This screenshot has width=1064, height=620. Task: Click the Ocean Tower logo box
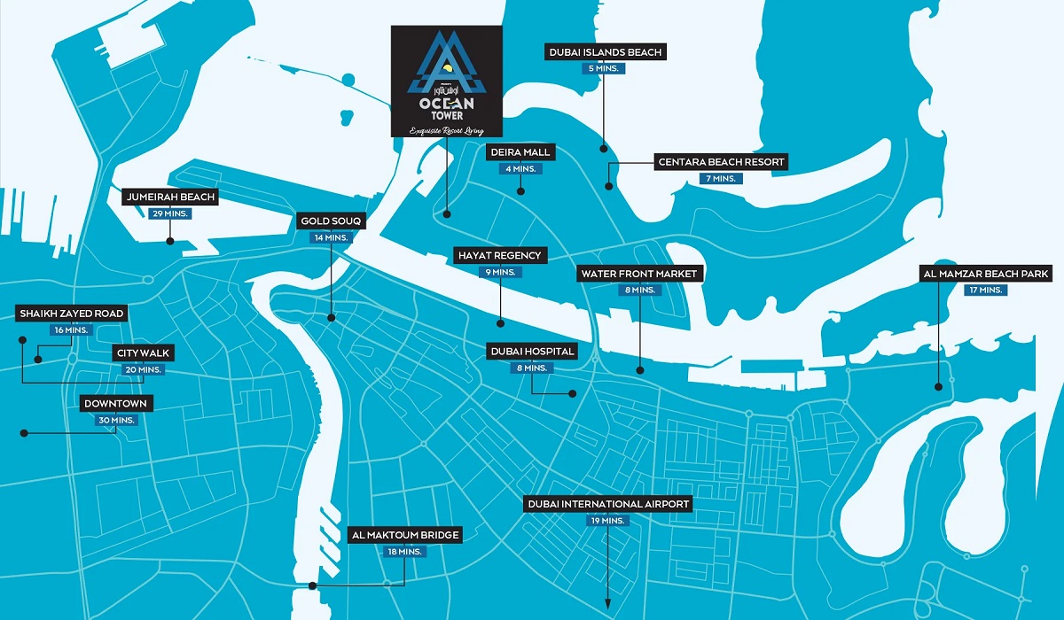click(x=447, y=81)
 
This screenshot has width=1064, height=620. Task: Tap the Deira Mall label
click(x=520, y=152)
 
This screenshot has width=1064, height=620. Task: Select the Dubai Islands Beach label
click(x=604, y=52)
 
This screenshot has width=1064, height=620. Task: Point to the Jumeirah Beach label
click(x=169, y=197)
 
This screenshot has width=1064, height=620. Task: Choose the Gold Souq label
click(x=332, y=221)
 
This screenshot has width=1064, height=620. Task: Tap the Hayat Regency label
click(x=499, y=255)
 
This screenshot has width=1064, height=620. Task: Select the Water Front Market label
click(x=639, y=273)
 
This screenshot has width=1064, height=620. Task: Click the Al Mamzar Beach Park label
click(x=985, y=274)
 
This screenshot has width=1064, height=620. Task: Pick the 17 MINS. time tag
click(x=985, y=290)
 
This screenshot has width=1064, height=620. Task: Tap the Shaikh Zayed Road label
click(x=72, y=314)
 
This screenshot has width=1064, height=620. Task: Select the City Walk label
click(x=143, y=353)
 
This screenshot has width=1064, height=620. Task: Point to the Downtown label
click(x=115, y=404)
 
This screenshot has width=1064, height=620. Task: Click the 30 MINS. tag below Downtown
click(x=115, y=420)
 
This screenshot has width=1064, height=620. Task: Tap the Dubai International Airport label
click(x=607, y=504)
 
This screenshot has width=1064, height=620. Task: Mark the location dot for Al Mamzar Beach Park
click(x=938, y=385)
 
